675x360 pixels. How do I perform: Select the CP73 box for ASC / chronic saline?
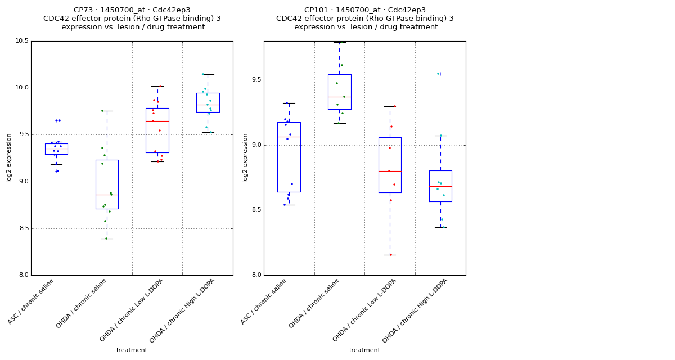56,149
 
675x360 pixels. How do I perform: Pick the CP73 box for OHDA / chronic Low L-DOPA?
157,130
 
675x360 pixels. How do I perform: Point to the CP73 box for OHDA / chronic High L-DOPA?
208,102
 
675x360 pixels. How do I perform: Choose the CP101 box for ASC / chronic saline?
289,157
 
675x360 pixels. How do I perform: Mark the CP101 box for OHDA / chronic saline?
340,92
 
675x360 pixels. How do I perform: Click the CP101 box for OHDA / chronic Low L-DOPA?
390,165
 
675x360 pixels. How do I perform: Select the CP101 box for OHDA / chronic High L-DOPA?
440,186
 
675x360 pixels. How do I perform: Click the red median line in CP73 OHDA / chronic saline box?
107,195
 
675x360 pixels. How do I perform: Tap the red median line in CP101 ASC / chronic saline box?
289,137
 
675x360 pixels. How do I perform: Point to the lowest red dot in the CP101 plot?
390,254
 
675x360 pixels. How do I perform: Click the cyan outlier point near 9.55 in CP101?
438,74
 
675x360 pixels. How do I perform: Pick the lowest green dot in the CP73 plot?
106,238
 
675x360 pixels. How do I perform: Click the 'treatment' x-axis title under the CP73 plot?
132,350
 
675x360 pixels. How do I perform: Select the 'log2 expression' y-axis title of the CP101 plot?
245,157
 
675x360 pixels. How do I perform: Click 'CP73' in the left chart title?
83,10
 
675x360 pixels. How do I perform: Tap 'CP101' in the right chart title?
316,10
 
